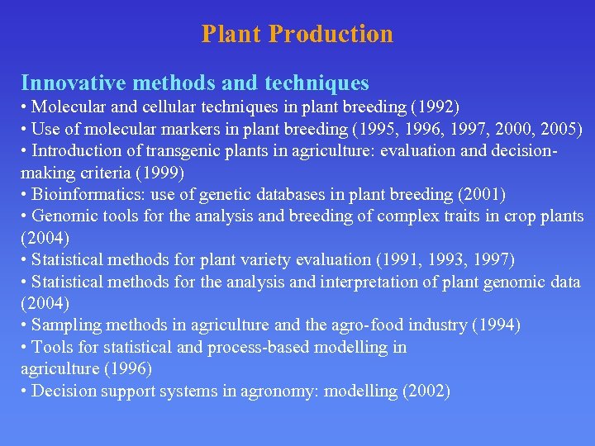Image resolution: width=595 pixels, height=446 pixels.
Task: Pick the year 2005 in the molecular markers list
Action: [555, 130]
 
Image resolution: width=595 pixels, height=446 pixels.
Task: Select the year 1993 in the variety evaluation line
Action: [446, 260]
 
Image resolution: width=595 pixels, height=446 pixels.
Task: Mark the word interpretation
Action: [382, 282]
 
